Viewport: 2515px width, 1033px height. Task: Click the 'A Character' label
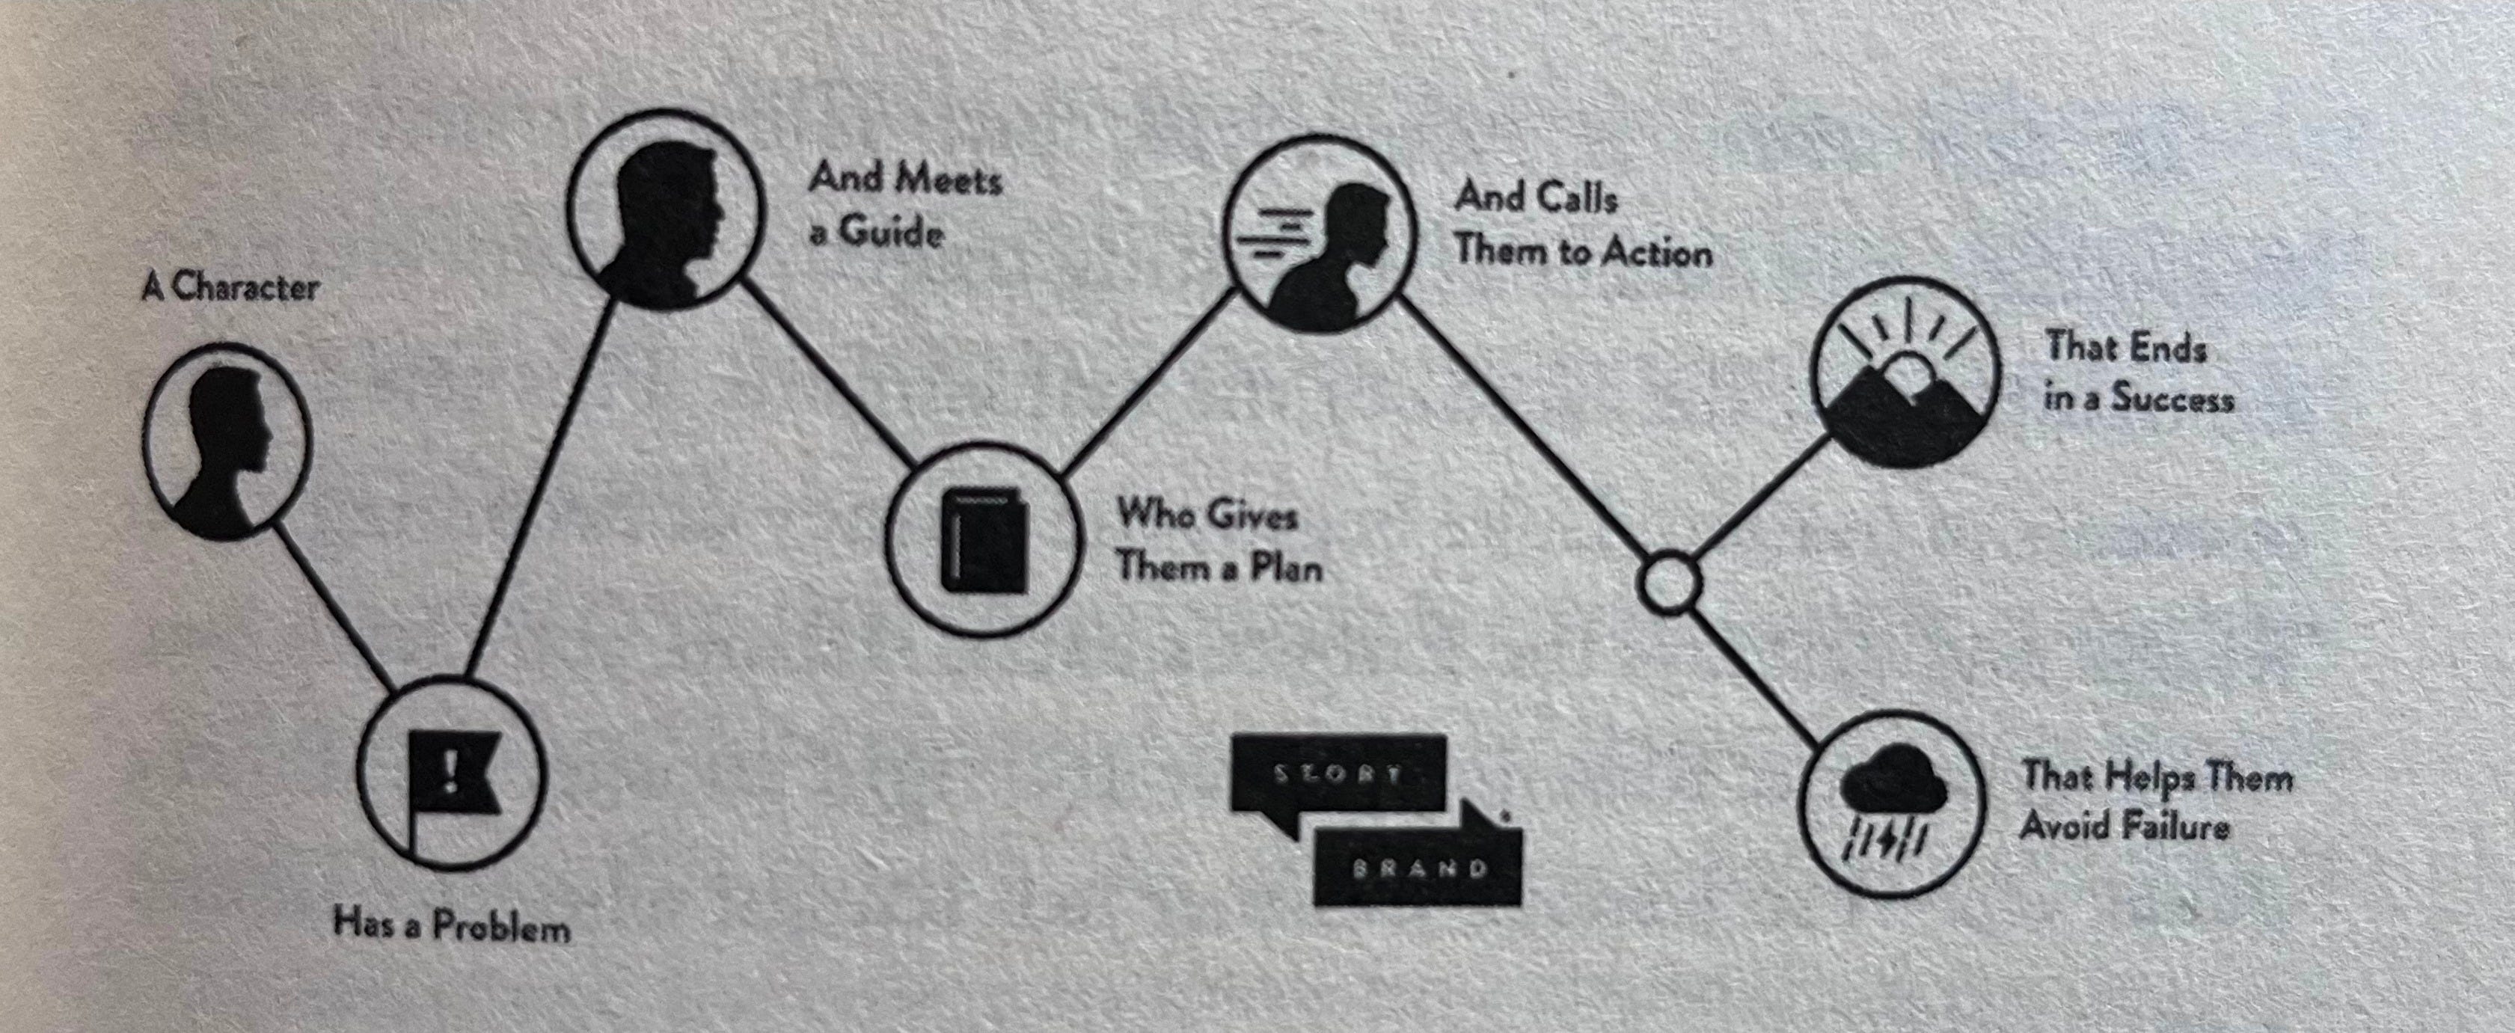[x=230, y=288]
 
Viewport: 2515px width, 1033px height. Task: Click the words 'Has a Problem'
[x=451, y=924]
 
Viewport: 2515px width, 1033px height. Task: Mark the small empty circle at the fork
[x=1668, y=583]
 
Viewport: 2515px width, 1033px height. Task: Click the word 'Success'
[x=2172, y=399]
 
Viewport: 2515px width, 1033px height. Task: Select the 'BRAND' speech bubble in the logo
[x=1418, y=867]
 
